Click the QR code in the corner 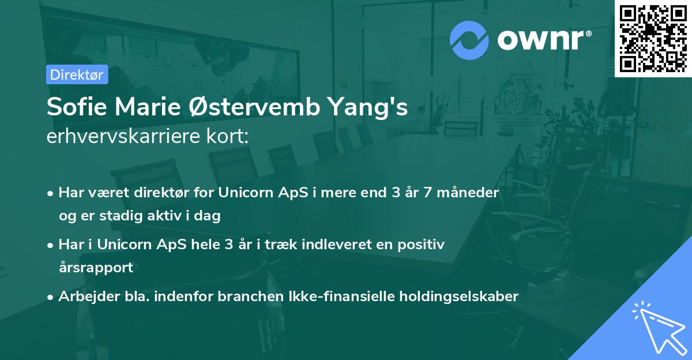click(653, 38)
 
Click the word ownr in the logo click(540, 40)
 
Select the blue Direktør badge click(77, 74)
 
